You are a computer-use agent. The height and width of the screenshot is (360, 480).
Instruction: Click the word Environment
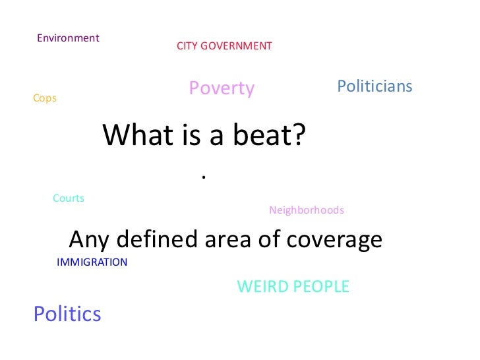pyautogui.click(x=68, y=38)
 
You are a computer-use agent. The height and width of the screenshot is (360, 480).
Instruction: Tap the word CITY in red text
pyautogui.click(x=188, y=46)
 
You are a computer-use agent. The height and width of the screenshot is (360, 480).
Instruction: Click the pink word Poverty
pyautogui.click(x=222, y=88)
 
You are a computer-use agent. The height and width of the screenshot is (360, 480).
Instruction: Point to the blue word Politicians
pyautogui.click(x=375, y=86)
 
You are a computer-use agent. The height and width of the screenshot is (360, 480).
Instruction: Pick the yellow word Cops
pyautogui.click(x=45, y=98)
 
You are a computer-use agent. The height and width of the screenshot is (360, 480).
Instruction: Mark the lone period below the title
pyautogui.click(x=204, y=177)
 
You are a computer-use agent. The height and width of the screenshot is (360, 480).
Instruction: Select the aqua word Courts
pyautogui.click(x=69, y=198)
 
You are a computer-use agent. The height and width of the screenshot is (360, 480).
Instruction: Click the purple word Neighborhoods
pyautogui.click(x=307, y=210)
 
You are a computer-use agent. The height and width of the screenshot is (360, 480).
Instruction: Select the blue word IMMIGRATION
pyautogui.click(x=92, y=262)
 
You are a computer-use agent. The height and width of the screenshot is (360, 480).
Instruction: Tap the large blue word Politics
pyautogui.click(x=67, y=314)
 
